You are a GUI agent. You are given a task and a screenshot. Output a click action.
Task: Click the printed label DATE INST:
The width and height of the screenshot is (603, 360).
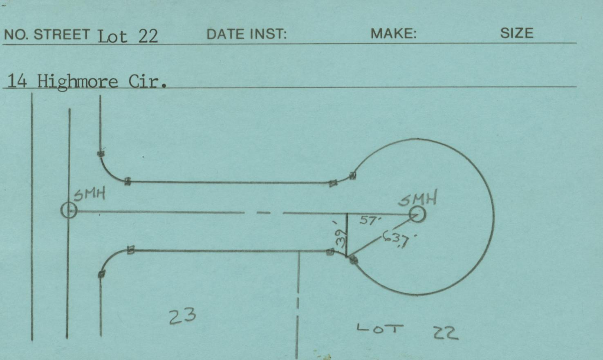click(247, 34)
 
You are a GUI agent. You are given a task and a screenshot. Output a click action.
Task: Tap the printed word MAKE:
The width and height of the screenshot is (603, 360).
click(393, 34)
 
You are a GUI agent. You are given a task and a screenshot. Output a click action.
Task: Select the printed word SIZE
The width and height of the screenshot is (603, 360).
click(517, 34)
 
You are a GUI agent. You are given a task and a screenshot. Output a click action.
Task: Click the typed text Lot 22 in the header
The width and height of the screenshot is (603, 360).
click(128, 36)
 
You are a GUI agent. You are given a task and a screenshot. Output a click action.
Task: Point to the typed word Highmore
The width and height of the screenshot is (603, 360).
click(78, 82)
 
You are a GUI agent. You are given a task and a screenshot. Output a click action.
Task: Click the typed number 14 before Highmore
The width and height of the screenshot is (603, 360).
click(17, 81)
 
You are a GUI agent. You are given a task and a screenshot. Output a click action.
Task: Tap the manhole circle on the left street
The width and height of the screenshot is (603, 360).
click(69, 210)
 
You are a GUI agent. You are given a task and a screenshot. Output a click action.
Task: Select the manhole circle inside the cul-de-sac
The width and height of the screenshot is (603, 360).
click(417, 215)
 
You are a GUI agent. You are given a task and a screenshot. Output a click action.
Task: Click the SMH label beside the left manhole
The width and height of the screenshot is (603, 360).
click(90, 194)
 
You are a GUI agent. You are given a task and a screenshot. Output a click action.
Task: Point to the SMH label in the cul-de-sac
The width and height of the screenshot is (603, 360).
click(417, 198)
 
